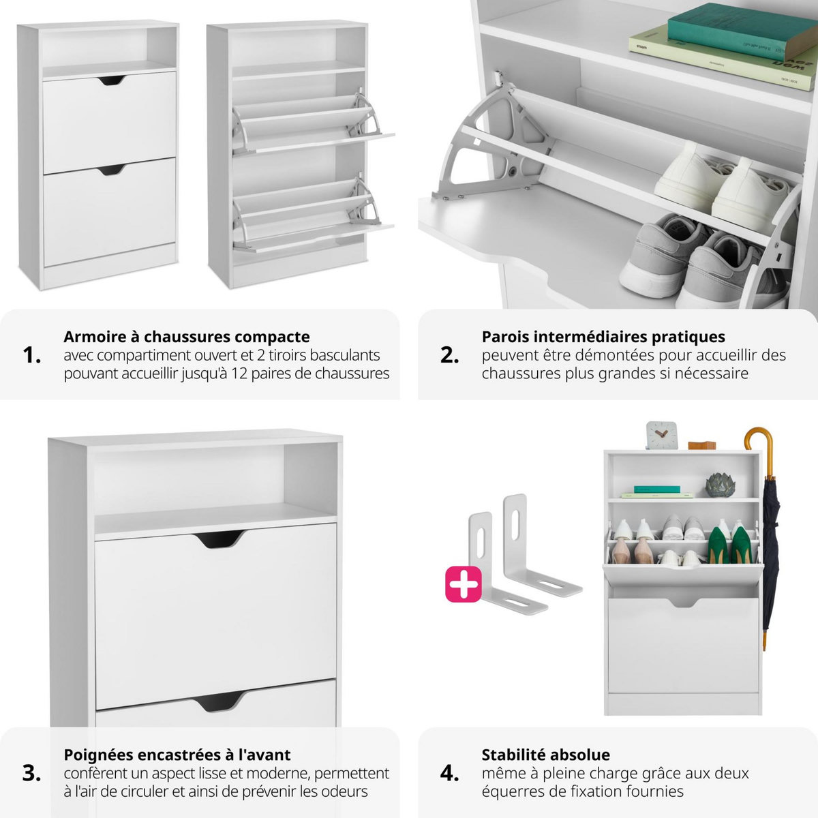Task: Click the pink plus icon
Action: [463, 584]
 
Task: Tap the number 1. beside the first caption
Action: [32, 355]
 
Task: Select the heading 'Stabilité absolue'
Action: [545, 755]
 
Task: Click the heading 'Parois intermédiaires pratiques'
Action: [603, 337]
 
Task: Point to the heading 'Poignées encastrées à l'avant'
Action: [177, 755]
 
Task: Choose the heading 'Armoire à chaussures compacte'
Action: [186, 337]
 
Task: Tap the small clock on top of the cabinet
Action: [661, 436]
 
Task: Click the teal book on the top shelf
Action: [740, 30]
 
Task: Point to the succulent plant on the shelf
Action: [718, 485]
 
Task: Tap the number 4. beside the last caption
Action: [450, 773]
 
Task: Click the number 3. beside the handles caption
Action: [32, 773]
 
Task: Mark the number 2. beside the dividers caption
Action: [450, 355]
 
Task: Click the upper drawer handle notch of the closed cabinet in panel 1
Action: [111, 81]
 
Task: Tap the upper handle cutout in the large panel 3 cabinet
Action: [220, 539]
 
